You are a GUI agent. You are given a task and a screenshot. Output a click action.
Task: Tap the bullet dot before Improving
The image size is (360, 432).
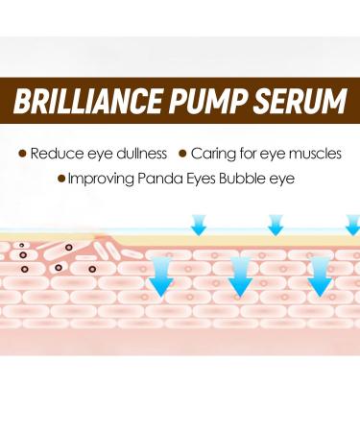click(62, 178)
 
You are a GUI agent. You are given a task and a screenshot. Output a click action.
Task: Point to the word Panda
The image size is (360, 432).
click(159, 178)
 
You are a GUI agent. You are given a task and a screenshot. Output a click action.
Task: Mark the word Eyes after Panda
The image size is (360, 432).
click(203, 178)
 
